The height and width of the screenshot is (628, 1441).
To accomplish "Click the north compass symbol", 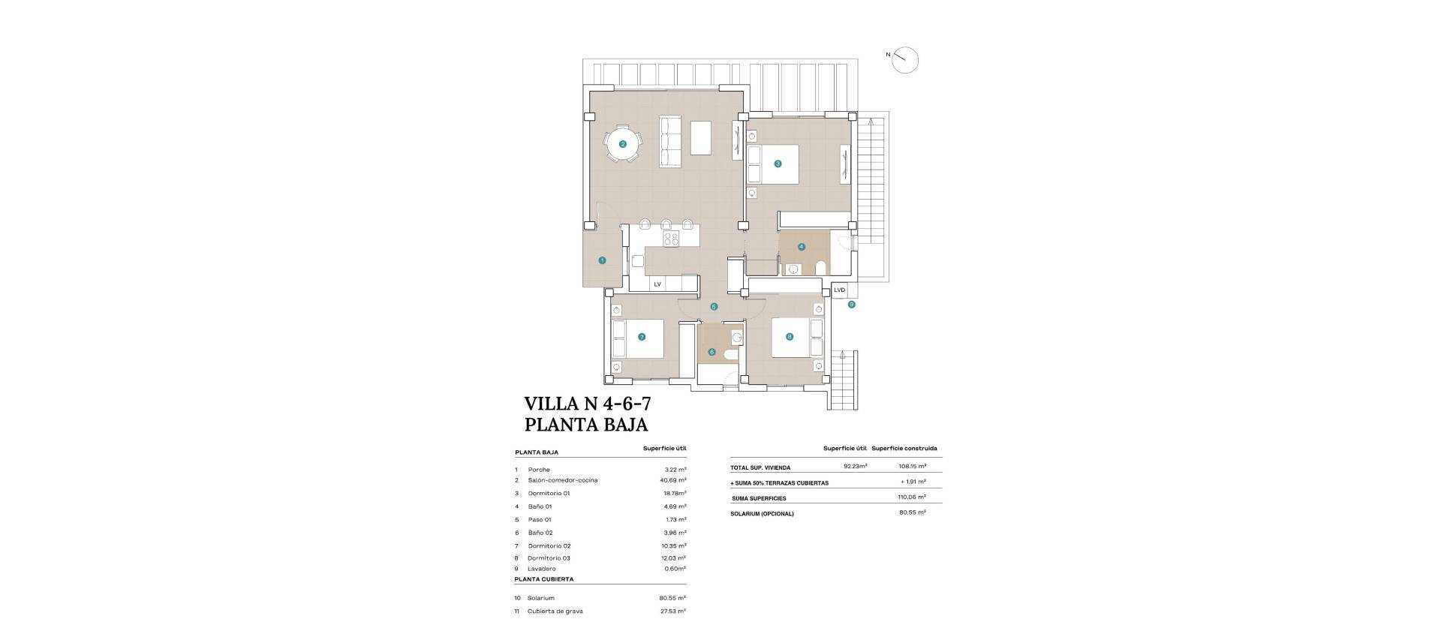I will pos(906,60).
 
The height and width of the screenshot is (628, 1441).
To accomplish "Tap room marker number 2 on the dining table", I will pos(623,144).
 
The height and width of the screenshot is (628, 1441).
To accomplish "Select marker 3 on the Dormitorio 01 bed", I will pos(778,164).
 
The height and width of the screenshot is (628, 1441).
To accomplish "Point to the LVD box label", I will pos(839,290).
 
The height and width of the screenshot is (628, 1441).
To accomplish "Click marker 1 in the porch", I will pos(602,260).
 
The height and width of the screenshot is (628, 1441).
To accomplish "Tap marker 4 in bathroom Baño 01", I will pos(802,246).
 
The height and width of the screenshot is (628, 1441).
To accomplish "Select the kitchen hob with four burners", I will pos(146,239).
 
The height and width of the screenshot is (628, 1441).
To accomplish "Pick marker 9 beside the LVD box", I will pos(851,305).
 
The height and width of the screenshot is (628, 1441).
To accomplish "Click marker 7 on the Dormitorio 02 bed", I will pos(642,337).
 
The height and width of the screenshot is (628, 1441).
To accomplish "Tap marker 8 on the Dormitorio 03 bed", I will pos(790,337).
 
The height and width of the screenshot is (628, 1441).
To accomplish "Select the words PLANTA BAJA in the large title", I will pos(585,425).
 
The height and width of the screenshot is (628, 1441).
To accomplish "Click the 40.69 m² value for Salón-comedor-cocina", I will pos(672,480).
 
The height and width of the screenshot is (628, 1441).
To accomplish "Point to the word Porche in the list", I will pos(539,470).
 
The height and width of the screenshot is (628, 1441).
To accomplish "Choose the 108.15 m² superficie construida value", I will pos(912,466).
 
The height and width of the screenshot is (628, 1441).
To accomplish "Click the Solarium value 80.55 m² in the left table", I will pos(672,598).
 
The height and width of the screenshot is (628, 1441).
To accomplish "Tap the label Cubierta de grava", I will pos(555,611).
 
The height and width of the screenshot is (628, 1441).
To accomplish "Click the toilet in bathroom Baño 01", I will pos(820,267).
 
